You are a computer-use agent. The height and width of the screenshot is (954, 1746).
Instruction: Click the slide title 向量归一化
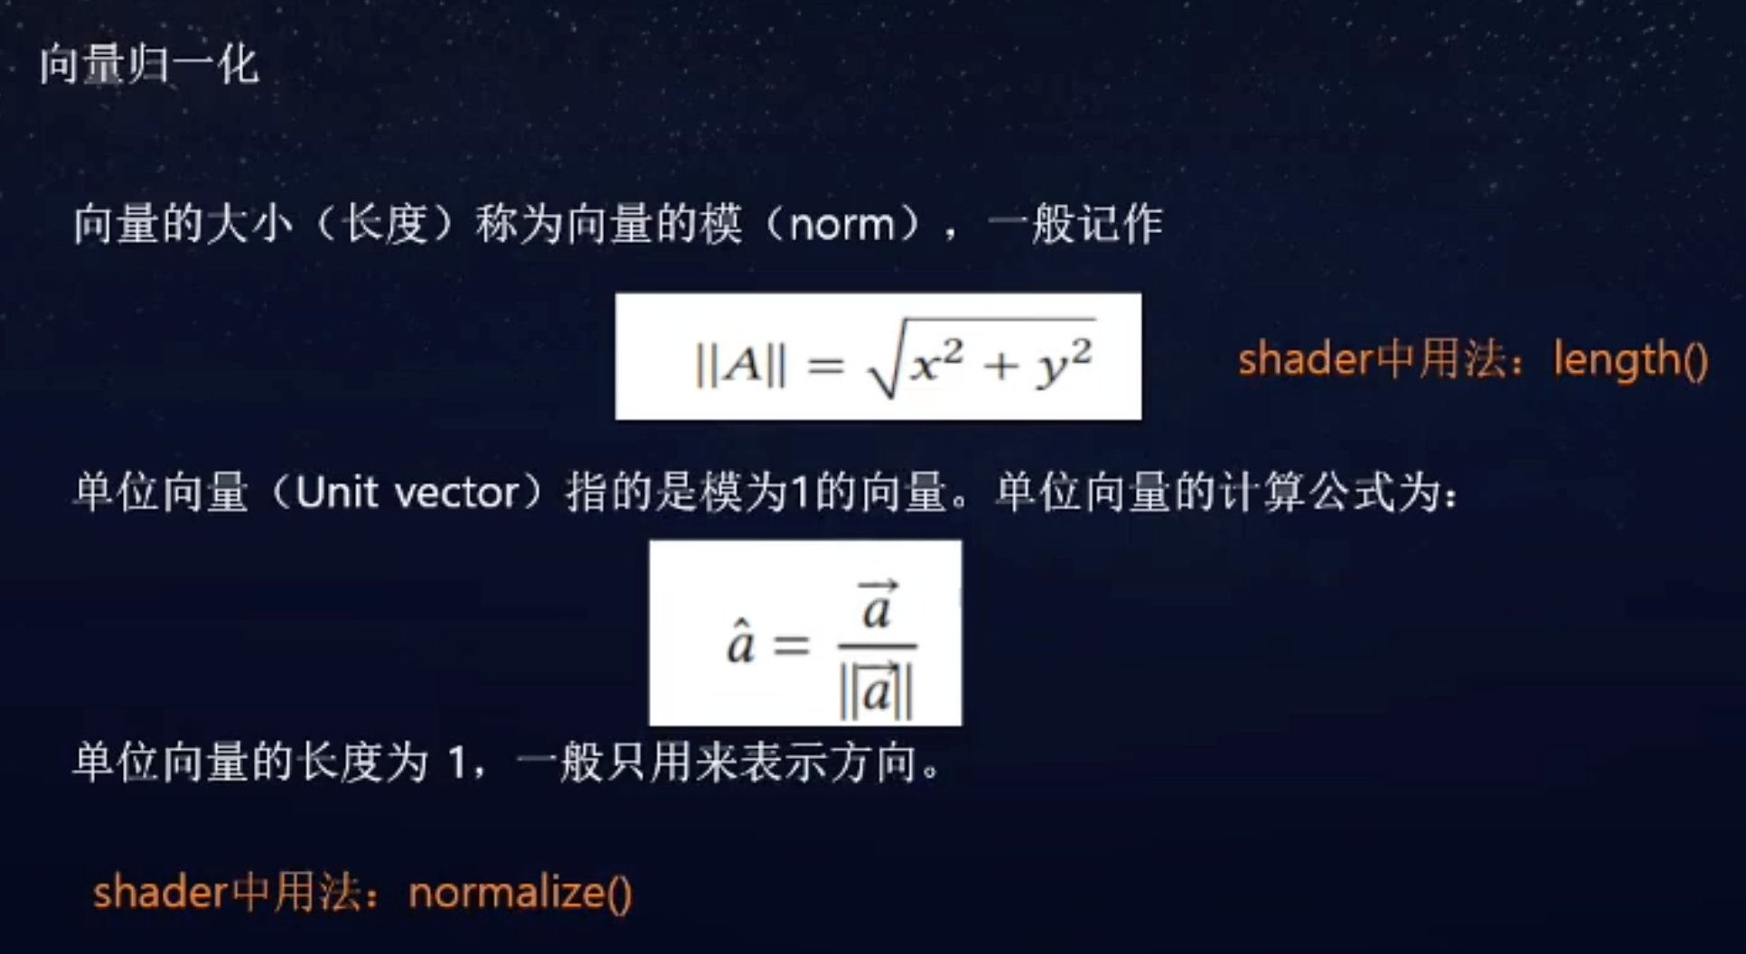pyautogui.click(x=149, y=65)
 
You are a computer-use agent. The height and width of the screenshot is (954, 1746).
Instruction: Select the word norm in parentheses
pyautogui.click(x=841, y=224)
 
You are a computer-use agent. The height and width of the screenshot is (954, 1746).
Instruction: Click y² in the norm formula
pyautogui.click(x=1065, y=361)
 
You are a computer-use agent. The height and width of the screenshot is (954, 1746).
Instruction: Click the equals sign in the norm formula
pyautogui.click(x=825, y=366)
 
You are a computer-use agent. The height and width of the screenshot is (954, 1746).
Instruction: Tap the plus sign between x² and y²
pyautogui.click(x=1001, y=365)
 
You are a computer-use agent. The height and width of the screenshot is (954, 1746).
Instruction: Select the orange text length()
pyautogui.click(x=1630, y=360)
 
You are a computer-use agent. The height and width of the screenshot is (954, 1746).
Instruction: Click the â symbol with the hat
pyautogui.click(x=740, y=642)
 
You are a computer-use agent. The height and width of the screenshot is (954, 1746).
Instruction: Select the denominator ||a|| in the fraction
pyautogui.click(x=876, y=692)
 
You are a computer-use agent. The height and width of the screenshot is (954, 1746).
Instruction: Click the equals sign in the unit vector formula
pyautogui.click(x=792, y=645)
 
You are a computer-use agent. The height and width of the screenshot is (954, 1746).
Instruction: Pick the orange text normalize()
pyautogui.click(x=520, y=893)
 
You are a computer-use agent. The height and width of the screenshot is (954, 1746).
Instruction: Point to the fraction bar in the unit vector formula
pyautogui.click(x=877, y=646)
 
